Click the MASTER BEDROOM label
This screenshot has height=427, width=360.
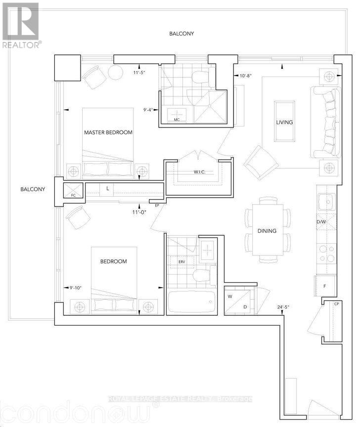click(x=108, y=132)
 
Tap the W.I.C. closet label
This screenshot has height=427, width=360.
click(x=199, y=172)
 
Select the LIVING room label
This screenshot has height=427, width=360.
click(x=284, y=122)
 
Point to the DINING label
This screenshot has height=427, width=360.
click(x=267, y=231)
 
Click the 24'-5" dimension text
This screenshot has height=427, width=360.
click(x=283, y=307)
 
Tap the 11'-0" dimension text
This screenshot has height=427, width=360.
click(x=139, y=212)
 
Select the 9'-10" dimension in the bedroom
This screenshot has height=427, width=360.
click(x=76, y=288)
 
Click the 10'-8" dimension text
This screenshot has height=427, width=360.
click(x=245, y=76)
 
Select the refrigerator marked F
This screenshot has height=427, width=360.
click(x=325, y=286)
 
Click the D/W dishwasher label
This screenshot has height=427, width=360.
click(x=321, y=222)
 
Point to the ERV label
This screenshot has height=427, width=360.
click(x=182, y=262)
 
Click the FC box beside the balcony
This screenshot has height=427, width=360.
click(x=73, y=190)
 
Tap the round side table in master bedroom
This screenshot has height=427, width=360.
click(x=116, y=72)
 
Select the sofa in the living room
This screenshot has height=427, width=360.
click(x=326, y=122)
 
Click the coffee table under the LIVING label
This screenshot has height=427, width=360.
click(x=284, y=121)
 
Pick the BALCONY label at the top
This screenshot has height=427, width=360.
click(x=181, y=34)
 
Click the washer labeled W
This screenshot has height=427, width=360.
click(x=230, y=297)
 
